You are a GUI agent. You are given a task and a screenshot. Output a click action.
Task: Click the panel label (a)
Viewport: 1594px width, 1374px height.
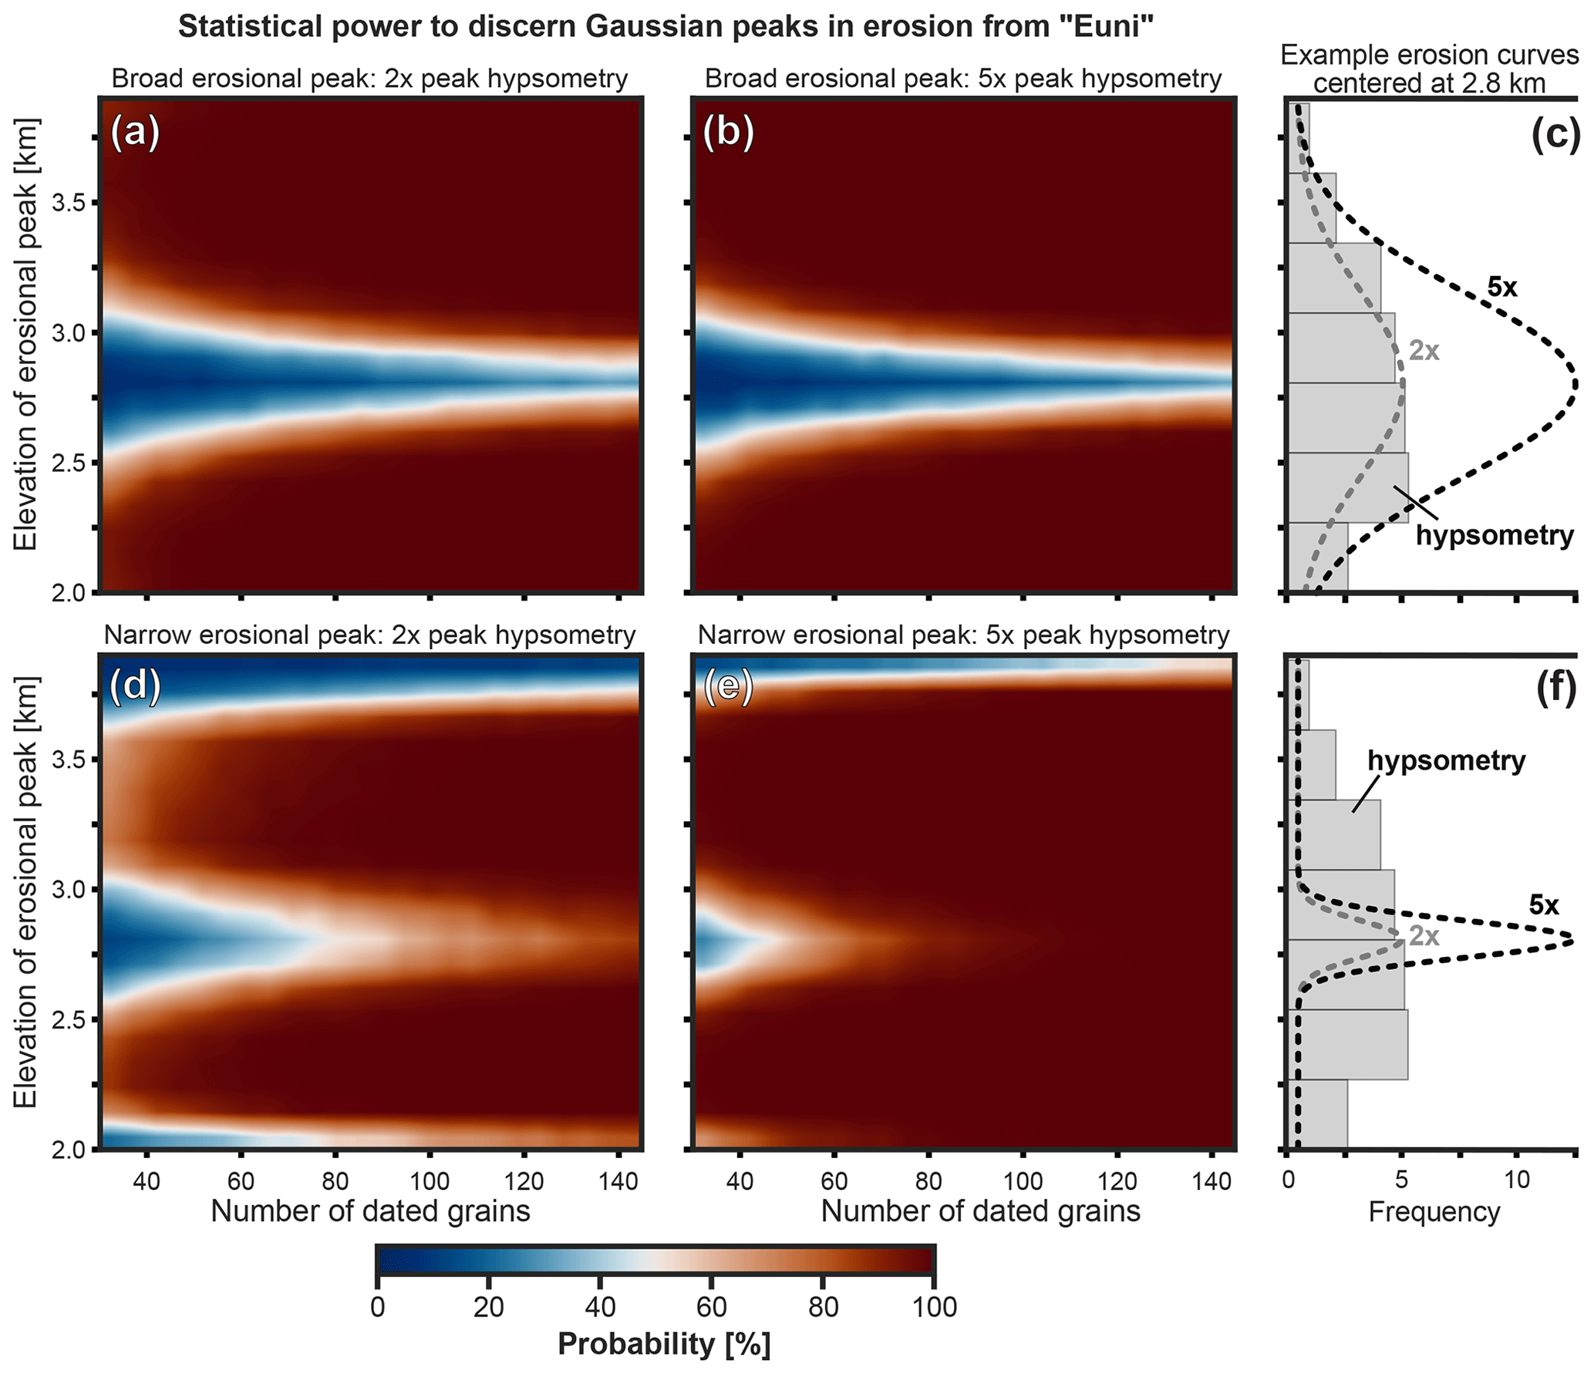[135, 133]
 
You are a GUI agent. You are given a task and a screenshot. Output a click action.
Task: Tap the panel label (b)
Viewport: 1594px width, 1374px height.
[728, 133]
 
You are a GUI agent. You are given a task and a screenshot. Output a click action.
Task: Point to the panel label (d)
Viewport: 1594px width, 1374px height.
[135, 686]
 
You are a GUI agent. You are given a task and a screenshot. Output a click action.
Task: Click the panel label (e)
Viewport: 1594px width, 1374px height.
[728, 687]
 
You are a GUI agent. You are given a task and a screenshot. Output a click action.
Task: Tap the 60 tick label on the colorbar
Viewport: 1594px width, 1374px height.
[711, 1307]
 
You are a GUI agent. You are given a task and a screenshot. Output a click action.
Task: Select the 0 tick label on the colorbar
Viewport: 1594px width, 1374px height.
[377, 1307]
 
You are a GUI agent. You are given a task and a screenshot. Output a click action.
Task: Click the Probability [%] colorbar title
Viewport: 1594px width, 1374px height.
[664, 1344]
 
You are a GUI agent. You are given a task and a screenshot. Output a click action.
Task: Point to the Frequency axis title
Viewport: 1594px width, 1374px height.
[1434, 1212]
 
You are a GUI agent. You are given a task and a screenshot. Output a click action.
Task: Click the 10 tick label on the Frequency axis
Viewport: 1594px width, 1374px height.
[1516, 1180]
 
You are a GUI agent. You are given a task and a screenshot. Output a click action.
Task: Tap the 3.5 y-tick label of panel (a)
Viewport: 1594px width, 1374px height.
[68, 204]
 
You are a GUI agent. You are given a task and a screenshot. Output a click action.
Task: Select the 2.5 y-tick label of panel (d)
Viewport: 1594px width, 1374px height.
[68, 1020]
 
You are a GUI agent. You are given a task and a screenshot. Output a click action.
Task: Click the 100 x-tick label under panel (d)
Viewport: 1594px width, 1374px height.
[430, 1180]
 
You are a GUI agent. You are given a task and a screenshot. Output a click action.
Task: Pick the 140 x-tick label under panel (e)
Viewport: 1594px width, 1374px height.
[1212, 1180]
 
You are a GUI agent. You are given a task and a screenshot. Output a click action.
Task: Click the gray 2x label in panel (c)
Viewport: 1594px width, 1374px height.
[1424, 351]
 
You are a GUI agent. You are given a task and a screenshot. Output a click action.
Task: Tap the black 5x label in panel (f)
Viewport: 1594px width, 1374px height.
[1544, 905]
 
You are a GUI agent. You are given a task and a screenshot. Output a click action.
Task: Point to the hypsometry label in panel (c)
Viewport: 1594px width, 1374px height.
[1495, 535]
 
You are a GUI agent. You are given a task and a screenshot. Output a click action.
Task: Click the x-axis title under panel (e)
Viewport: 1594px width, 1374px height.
[980, 1211]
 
